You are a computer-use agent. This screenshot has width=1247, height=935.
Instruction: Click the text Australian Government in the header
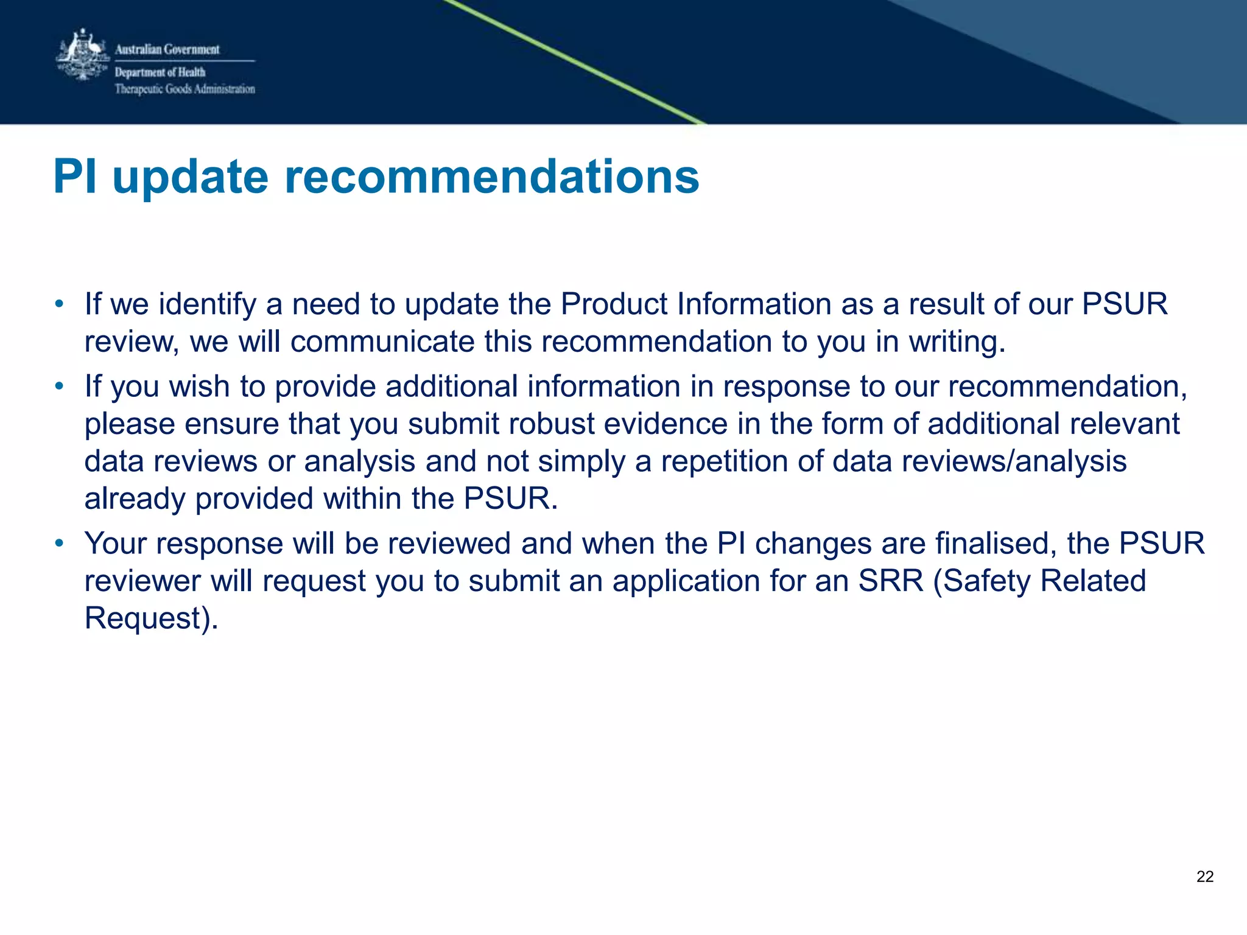(167, 49)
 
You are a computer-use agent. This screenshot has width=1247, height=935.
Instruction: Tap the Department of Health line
(160, 72)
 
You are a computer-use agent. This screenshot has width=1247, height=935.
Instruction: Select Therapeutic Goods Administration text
(185, 89)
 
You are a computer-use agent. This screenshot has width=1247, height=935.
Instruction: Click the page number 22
(1204, 877)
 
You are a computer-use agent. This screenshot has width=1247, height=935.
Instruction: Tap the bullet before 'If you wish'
(59, 387)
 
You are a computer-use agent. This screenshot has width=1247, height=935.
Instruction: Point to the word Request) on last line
(151, 618)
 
